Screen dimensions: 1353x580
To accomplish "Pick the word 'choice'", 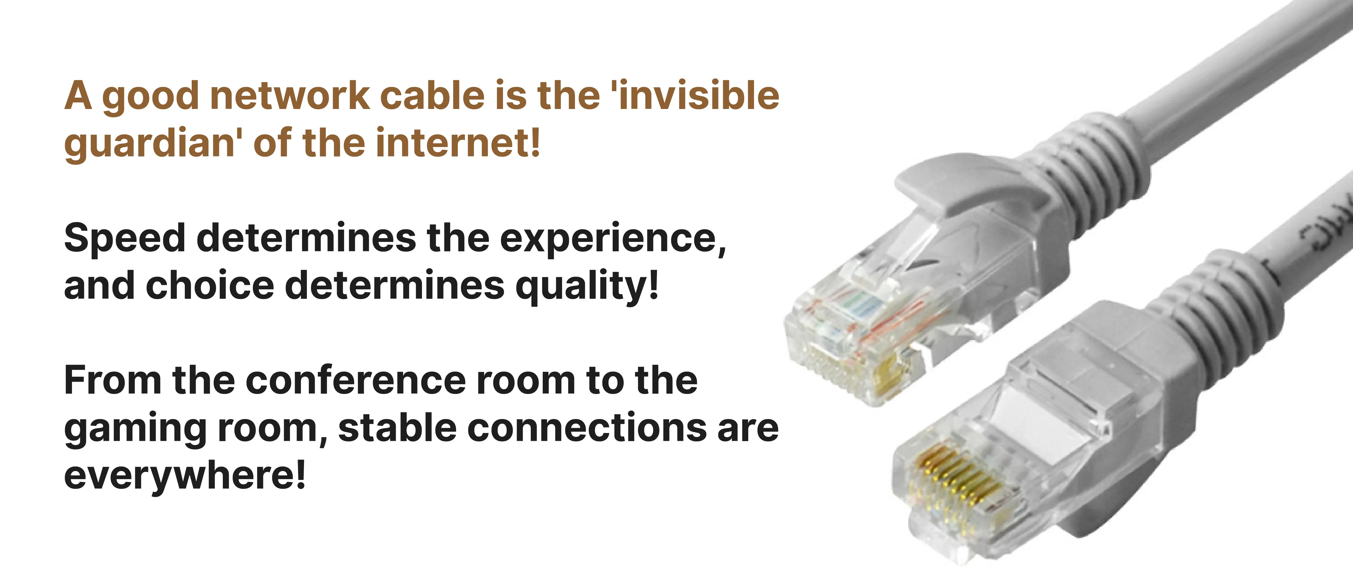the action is click(210, 286).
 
